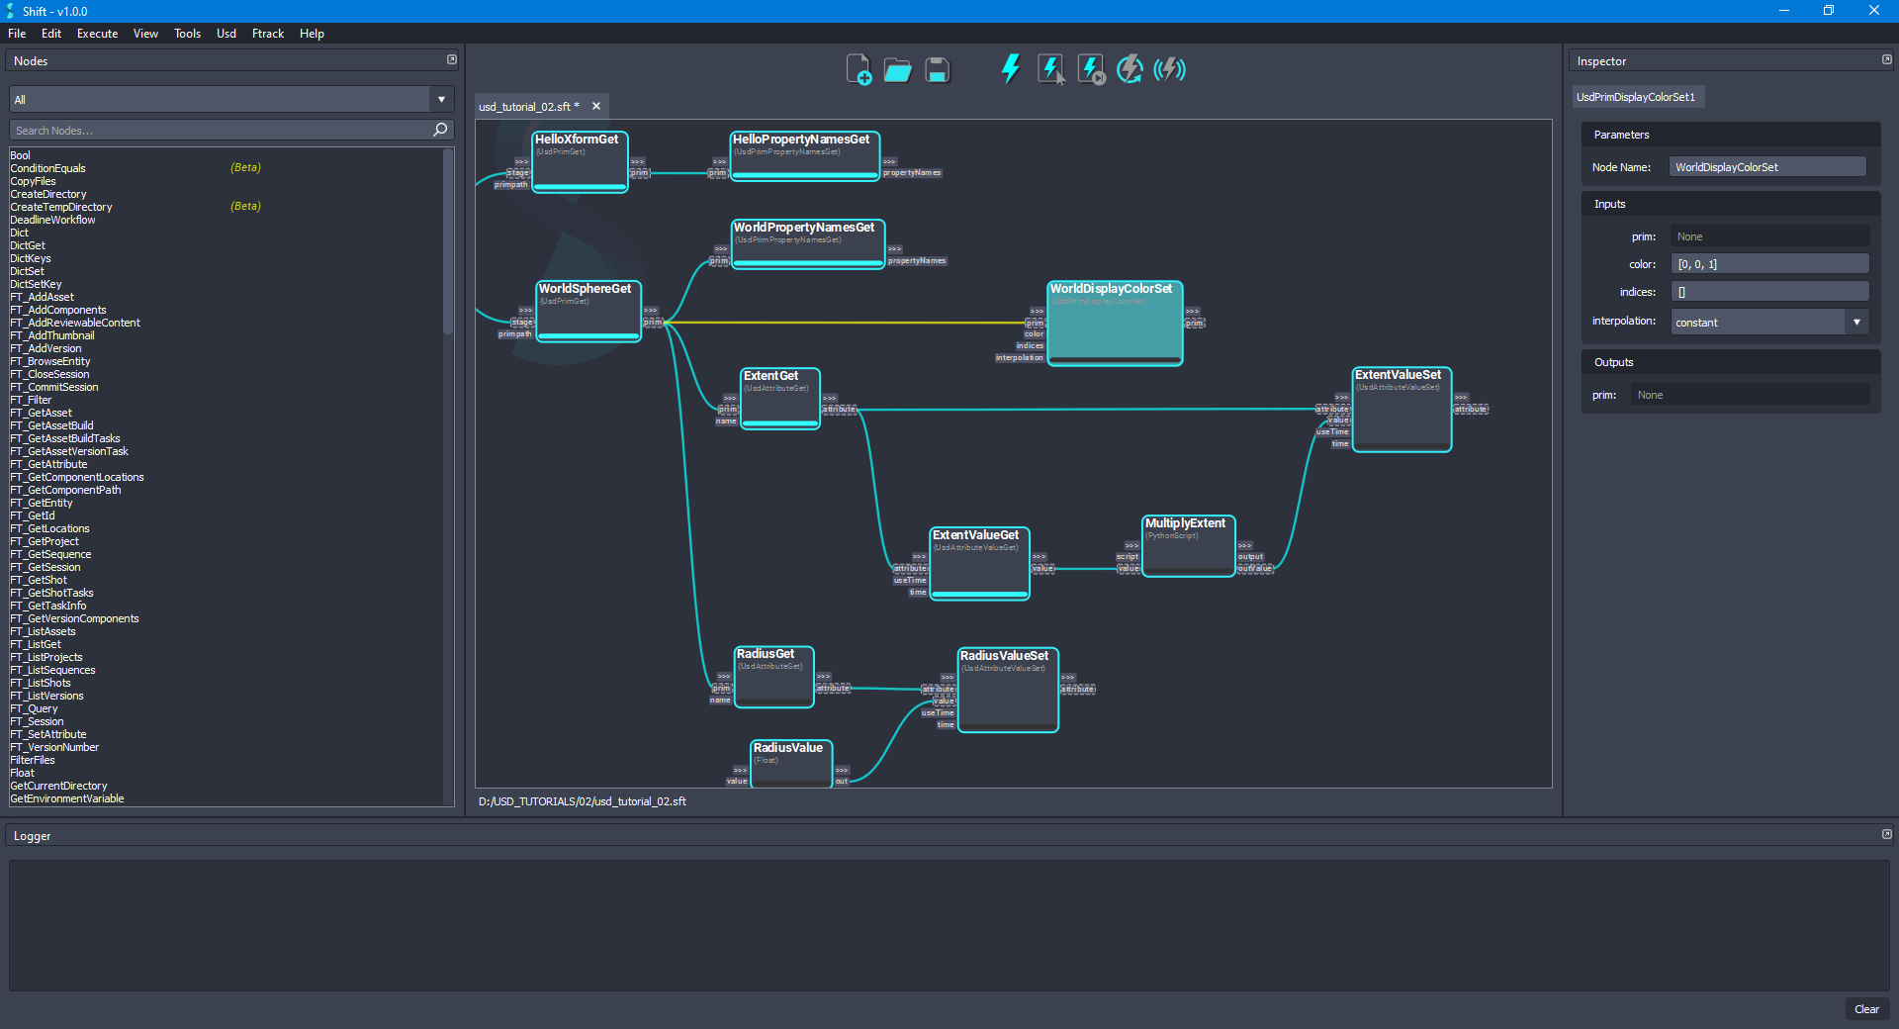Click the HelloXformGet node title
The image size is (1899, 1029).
(577, 140)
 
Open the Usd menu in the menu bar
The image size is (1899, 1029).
(226, 34)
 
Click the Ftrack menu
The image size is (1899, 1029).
(267, 34)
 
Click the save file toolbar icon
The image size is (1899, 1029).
(937, 70)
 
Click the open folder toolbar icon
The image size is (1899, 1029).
(897, 70)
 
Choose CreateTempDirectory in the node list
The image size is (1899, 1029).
(61, 207)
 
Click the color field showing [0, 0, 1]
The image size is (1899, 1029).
(1768, 264)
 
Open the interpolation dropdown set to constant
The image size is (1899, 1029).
(1768, 323)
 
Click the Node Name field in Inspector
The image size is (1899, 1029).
(1766, 167)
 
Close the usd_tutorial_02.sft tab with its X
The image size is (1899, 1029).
(596, 107)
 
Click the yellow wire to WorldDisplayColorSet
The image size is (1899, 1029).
(841, 323)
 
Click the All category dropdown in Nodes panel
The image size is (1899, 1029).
(229, 100)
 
